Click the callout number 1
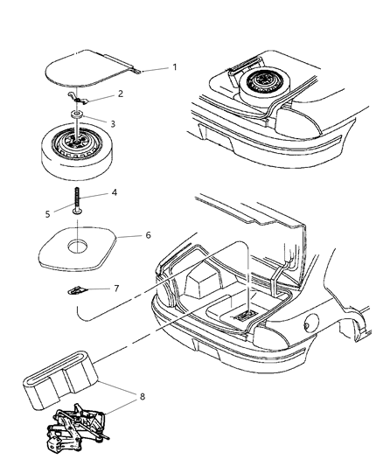click(174, 68)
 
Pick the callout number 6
click(148, 235)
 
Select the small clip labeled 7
click(82, 289)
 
